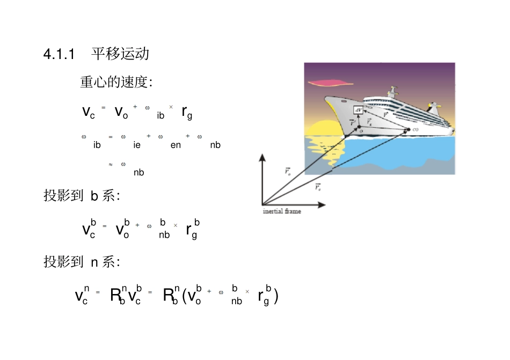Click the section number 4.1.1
pyautogui.click(x=59, y=54)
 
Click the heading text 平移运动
pyautogui.click(x=120, y=54)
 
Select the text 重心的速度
pyautogui.click(x=114, y=83)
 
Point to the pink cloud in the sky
pyautogui.click(x=330, y=83)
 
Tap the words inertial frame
pyautogui.click(x=282, y=211)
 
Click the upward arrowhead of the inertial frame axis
pyautogui.click(x=263, y=157)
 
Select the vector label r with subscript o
pyautogui.click(x=288, y=171)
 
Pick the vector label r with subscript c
pyautogui.click(x=318, y=187)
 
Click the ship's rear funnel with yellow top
pyautogui.click(x=433, y=108)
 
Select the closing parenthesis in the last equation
pyautogui.click(x=275, y=296)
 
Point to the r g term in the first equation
pyautogui.click(x=187, y=113)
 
